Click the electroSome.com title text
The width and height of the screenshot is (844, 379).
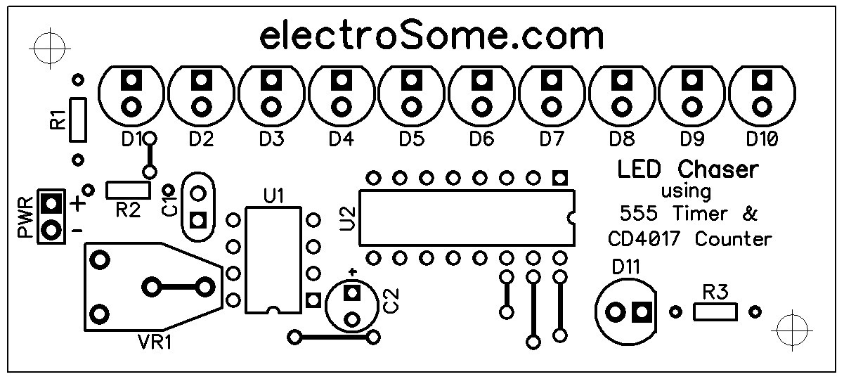pos(431,36)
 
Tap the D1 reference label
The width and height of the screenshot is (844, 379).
pos(131,139)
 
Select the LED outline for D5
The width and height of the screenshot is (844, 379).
pos(411,95)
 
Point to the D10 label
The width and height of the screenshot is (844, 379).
pos(762,139)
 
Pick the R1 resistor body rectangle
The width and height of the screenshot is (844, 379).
pos(78,117)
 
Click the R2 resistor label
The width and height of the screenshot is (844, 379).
pos(127,210)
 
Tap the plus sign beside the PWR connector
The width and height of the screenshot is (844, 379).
pos(78,205)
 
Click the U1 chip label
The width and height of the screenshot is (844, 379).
pos(273,196)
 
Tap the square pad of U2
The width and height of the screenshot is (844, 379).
pos(559,176)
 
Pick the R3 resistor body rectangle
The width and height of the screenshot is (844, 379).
pos(715,311)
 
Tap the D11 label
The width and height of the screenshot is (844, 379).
pos(626,268)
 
